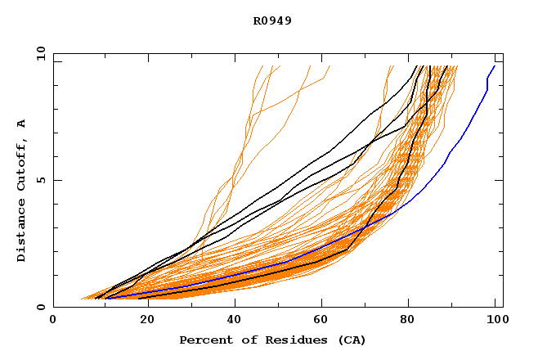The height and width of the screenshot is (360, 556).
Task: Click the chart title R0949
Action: [272, 20]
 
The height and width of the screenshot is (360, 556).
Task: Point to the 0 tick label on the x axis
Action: [53, 321]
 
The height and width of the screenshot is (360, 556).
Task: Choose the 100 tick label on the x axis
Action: [496, 321]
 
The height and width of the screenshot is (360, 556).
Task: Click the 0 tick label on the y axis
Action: [40, 307]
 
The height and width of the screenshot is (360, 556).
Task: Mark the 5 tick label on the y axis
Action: [40, 180]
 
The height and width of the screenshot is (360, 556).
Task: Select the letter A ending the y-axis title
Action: [21, 124]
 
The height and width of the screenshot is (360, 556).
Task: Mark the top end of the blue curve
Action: [494, 66]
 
